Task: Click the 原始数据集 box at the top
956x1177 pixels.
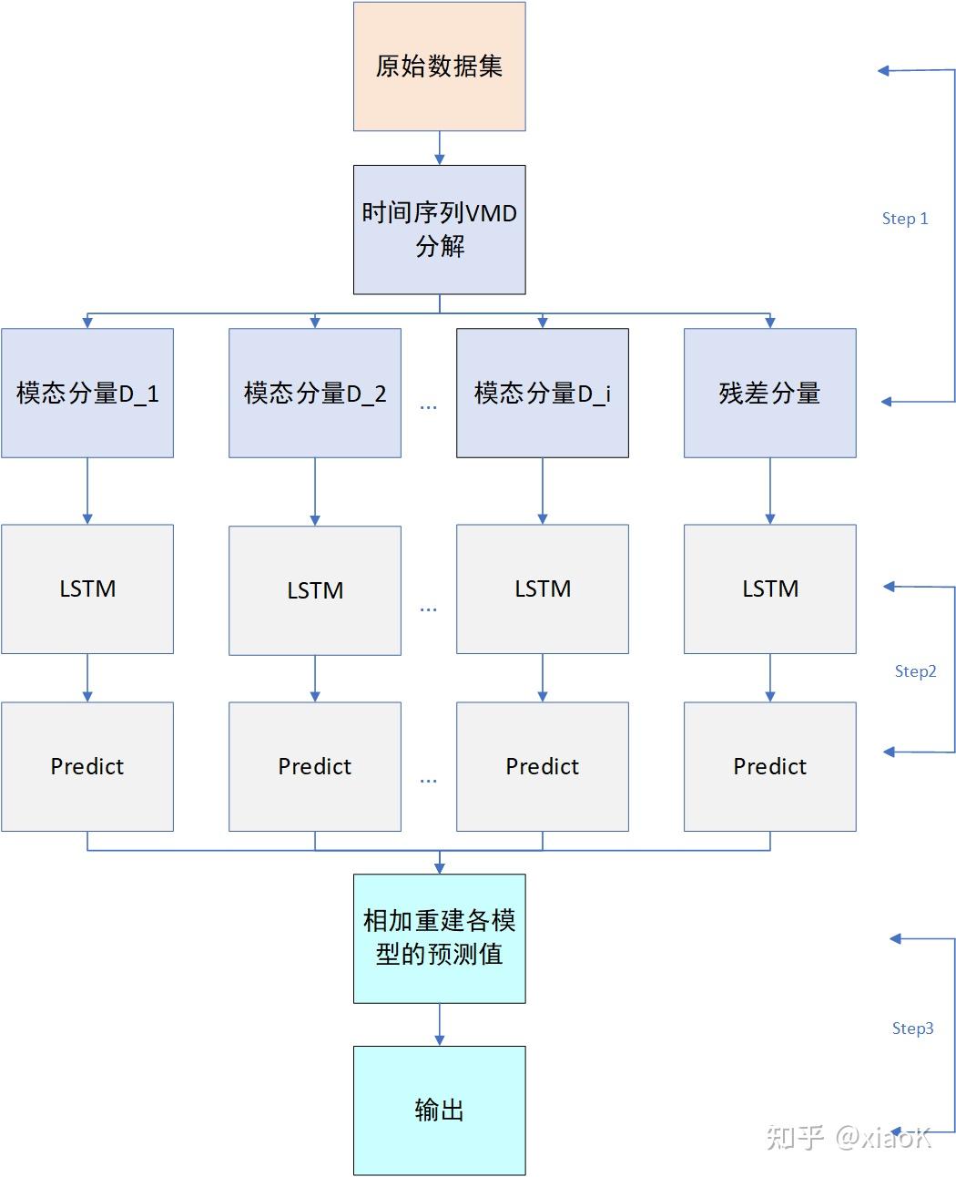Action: [439, 67]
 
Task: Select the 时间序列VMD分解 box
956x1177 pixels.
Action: [439, 230]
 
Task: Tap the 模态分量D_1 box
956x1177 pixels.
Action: [87, 393]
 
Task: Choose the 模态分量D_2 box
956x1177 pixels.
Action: [315, 393]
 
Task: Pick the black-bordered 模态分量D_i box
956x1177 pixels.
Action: [543, 393]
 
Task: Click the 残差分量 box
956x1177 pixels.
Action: [770, 393]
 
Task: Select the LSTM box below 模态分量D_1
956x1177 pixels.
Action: [87, 588]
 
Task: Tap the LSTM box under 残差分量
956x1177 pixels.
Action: [770, 588]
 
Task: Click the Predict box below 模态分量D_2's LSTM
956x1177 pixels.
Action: [315, 766]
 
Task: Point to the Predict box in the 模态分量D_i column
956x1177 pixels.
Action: [543, 766]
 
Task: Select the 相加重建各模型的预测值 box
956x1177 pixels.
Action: [439, 938]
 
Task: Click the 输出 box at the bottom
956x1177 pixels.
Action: [439, 1110]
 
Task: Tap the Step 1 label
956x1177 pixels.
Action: [905, 219]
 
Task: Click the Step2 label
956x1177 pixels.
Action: [915, 671]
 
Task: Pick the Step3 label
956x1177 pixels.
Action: [912, 1029]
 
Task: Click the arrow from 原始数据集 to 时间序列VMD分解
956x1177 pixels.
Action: [440, 148]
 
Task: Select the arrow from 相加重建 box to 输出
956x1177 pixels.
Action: [440, 1024]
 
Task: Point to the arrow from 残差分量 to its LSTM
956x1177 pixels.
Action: [770, 490]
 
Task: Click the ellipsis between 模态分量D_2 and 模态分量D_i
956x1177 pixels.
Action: [428, 407]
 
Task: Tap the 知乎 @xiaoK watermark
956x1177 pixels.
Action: [849, 1137]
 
